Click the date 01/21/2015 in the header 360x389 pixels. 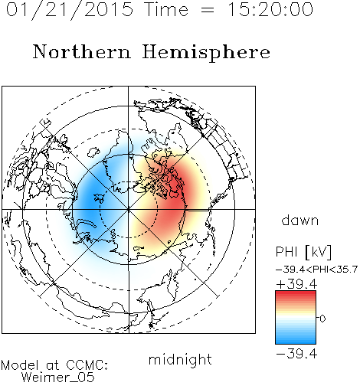click(x=70, y=10)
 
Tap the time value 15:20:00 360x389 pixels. click(x=270, y=9)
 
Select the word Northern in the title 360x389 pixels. click(x=82, y=51)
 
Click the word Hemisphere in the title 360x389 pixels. click(x=206, y=53)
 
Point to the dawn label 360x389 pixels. click(x=300, y=220)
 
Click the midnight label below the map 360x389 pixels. click(x=180, y=360)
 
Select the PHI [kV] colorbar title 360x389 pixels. click(x=303, y=252)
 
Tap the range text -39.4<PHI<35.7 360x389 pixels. click(x=316, y=270)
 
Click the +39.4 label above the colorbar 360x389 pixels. click(x=296, y=284)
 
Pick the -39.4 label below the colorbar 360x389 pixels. click(x=296, y=354)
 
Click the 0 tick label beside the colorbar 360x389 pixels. click(x=322, y=319)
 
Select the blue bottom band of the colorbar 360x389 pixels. click(x=296, y=340)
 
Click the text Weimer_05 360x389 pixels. click(x=58, y=378)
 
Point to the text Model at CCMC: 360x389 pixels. click(x=54, y=365)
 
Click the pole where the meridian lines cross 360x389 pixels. click(x=128, y=209)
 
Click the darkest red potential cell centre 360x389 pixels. click(x=176, y=189)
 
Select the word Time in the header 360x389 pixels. click(x=166, y=9)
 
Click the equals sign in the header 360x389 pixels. click(x=208, y=11)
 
